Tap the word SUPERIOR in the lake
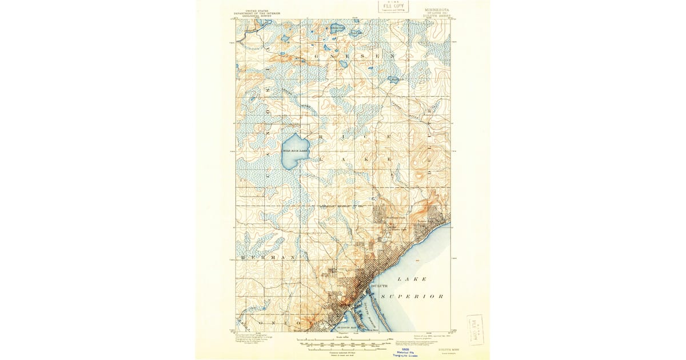click(x=412, y=297)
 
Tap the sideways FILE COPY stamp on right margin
click(x=474, y=330)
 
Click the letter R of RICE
click(x=322, y=138)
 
